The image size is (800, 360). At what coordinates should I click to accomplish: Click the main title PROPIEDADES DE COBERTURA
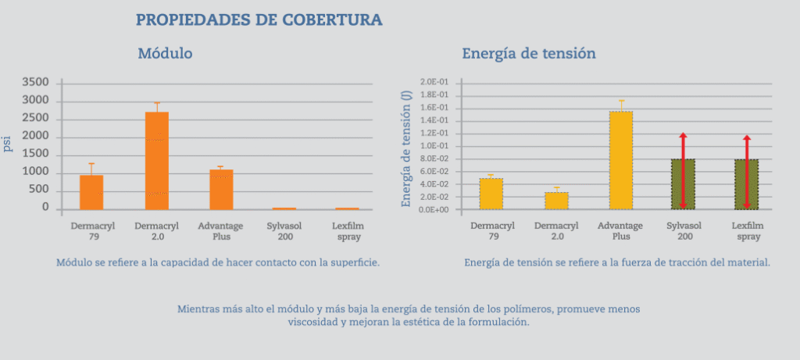(259, 20)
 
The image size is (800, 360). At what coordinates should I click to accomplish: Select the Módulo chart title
(165, 54)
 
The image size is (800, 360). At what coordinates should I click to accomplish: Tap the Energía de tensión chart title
(529, 54)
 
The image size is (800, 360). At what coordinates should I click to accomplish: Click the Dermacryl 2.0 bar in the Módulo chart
(157, 160)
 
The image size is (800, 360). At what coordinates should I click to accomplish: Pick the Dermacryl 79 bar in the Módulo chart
(91, 192)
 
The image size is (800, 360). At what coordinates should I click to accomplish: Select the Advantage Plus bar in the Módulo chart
(222, 189)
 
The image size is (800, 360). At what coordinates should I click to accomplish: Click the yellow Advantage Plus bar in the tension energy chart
(621, 160)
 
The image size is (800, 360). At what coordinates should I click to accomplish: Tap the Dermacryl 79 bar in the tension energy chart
(491, 194)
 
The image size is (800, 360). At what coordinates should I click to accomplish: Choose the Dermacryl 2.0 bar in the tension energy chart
(556, 201)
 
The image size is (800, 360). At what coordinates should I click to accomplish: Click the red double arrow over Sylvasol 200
(683, 171)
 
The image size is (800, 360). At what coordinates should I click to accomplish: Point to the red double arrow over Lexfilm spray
(747, 172)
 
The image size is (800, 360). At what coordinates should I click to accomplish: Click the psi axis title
(8, 145)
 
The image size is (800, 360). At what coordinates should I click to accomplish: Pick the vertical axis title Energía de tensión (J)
(406, 148)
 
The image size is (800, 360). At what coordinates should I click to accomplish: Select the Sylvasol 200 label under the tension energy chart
(684, 230)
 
